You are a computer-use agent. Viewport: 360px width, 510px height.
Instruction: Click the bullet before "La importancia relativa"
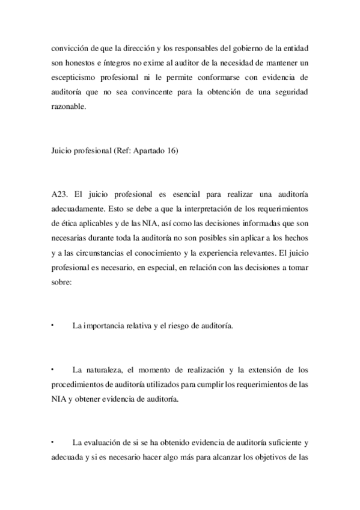click(x=53, y=325)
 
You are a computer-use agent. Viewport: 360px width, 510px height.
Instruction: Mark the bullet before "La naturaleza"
click(x=53, y=369)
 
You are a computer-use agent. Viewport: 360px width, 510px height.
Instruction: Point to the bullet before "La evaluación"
click(x=53, y=441)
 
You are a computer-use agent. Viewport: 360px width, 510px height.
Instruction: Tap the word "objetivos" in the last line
click(x=273, y=456)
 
